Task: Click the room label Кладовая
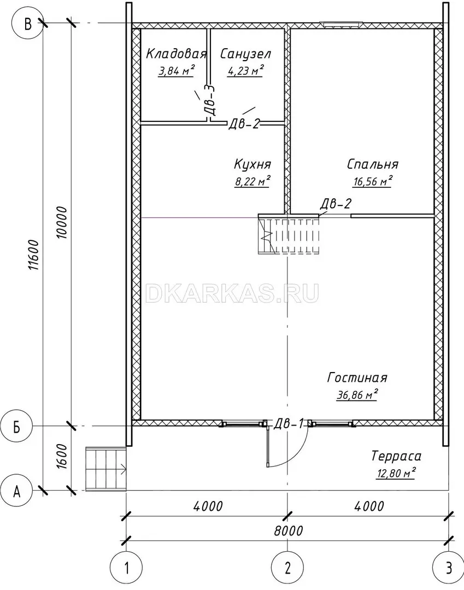point(176,54)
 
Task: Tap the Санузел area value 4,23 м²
point(245,70)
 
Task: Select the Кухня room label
point(252,164)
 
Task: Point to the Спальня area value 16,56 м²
point(373,181)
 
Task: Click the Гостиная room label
point(357,377)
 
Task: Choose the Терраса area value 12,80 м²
point(396,473)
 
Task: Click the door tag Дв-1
point(288,424)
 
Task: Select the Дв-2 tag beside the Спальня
point(336,204)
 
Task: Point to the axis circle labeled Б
point(16,427)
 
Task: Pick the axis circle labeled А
point(16,491)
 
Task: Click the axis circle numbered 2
point(288,568)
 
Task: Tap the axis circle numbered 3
point(448,568)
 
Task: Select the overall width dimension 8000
point(289,530)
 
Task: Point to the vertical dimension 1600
point(62,456)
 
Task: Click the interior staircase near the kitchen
point(289,234)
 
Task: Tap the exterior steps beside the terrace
point(106,469)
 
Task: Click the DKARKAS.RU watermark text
point(232,293)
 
